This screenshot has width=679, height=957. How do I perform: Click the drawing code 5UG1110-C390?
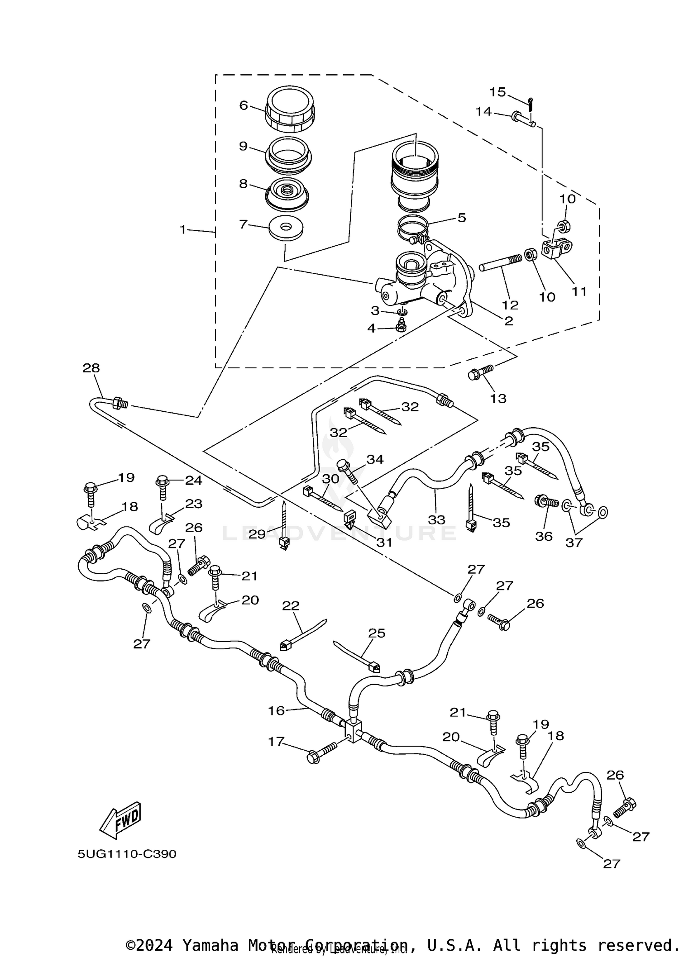pyautogui.click(x=127, y=854)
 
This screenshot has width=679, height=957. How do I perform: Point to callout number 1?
pyautogui.click(x=183, y=230)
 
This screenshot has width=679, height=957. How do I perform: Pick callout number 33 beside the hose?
pyautogui.click(x=436, y=519)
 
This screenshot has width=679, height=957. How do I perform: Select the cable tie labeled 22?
pyautogui.click(x=303, y=635)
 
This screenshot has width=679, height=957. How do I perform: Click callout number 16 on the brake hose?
pyautogui.click(x=276, y=710)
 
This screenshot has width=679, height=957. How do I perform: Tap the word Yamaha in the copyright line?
pyautogui.click(x=210, y=943)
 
